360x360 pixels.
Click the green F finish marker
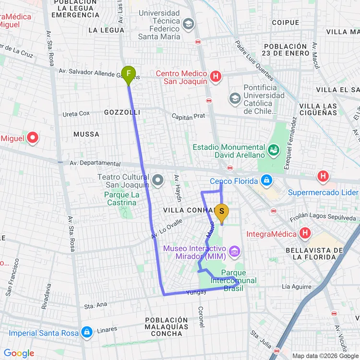click(x=128, y=74)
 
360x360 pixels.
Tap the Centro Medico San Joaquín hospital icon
click(x=216, y=76)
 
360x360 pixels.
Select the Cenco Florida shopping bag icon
click(x=265, y=180)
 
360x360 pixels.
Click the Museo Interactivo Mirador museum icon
click(x=234, y=251)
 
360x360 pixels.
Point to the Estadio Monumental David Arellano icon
click(x=273, y=150)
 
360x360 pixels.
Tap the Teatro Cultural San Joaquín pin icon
click(x=158, y=180)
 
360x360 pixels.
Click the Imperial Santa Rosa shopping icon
click(x=86, y=332)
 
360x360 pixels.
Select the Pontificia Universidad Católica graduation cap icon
click(x=235, y=99)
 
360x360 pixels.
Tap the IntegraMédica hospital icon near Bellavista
click(x=304, y=234)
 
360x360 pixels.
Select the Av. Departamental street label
click(x=95, y=164)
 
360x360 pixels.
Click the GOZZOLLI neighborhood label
click(x=122, y=112)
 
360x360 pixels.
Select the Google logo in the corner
click(x=19, y=353)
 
